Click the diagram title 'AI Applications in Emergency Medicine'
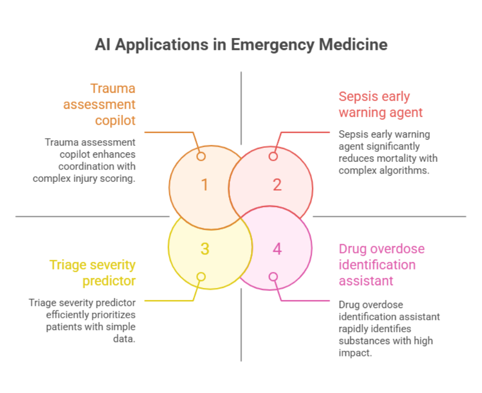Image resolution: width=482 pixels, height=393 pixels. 241,44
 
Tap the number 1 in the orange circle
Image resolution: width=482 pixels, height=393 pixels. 204,185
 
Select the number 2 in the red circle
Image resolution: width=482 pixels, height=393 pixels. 277,185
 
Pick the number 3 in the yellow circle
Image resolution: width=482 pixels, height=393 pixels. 204,249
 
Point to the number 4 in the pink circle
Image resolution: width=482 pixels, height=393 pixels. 277,249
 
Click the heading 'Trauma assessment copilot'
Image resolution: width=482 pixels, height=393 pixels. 99,104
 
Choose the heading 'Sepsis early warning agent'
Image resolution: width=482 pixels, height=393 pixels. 381,104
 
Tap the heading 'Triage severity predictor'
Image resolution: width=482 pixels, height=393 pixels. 93,273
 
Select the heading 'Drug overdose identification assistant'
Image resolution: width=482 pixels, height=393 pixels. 382,265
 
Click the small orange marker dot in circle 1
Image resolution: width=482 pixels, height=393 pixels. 201,156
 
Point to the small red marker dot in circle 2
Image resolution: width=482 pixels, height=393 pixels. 273,156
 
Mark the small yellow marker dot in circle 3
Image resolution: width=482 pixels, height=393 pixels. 201,277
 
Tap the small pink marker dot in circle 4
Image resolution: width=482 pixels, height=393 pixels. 273,277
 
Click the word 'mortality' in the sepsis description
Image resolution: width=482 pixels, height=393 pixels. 394,158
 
